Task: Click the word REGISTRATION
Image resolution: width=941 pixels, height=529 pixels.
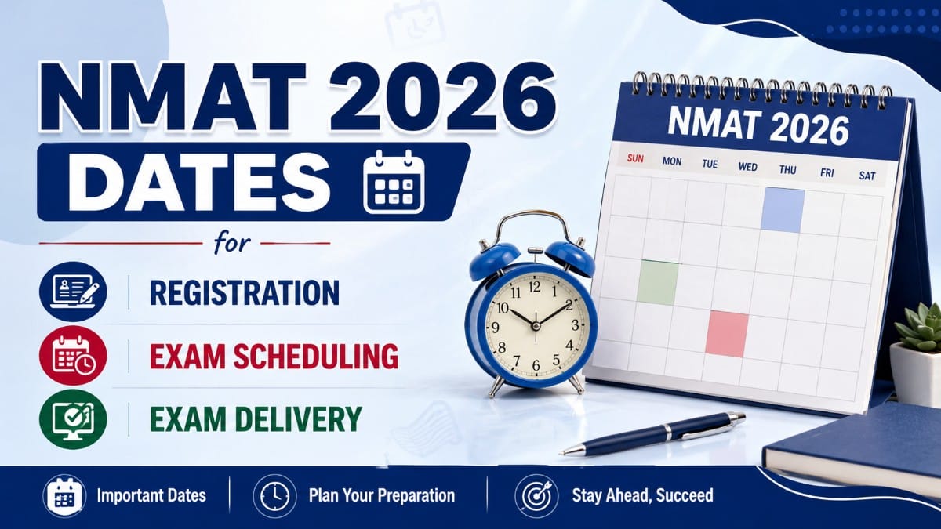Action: click(245, 292)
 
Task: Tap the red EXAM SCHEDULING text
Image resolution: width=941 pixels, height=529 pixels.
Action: click(274, 356)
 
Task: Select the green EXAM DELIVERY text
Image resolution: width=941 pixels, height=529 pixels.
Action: click(256, 418)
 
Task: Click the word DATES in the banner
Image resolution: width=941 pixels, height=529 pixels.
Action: click(199, 182)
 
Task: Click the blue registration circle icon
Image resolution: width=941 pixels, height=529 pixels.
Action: click(73, 292)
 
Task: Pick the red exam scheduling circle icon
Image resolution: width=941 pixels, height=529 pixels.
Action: click(73, 355)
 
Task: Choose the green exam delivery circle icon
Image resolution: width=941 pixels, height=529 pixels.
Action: click(73, 419)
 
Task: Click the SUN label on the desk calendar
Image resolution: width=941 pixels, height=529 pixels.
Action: click(635, 158)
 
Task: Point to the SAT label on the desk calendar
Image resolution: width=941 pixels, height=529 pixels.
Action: click(867, 176)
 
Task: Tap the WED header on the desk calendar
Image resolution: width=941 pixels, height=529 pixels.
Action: click(748, 167)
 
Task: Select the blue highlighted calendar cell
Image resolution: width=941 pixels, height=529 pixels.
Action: click(783, 210)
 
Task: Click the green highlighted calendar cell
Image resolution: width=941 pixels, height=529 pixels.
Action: click(658, 282)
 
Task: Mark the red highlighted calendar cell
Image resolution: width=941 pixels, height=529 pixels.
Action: click(727, 334)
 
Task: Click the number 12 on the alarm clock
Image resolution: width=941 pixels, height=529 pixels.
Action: click(534, 287)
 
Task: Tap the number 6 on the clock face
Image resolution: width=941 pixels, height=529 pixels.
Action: click(536, 366)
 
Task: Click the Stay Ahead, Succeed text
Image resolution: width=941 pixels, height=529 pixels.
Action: click(642, 495)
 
